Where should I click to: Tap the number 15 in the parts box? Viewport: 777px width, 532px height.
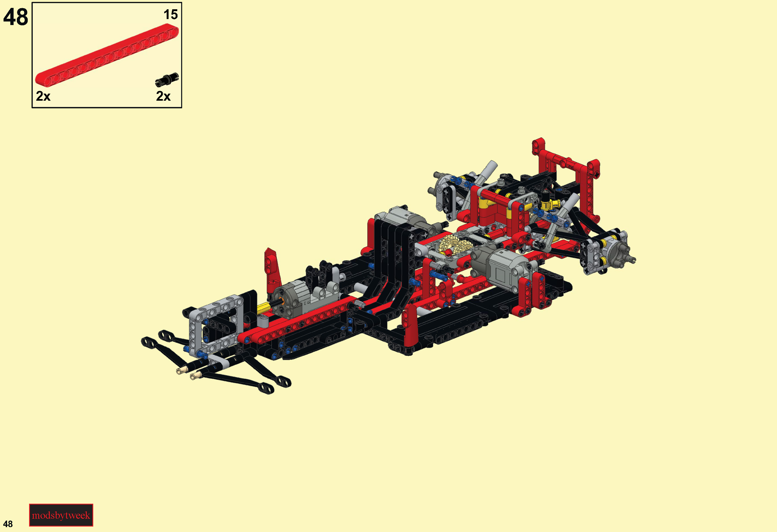[x=170, y=14]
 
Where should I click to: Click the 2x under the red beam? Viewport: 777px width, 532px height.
[x=43, y=96]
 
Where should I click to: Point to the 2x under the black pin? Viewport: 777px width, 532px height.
[x=163, y=96]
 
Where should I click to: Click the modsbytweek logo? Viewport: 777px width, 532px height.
[x=61, y=515]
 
